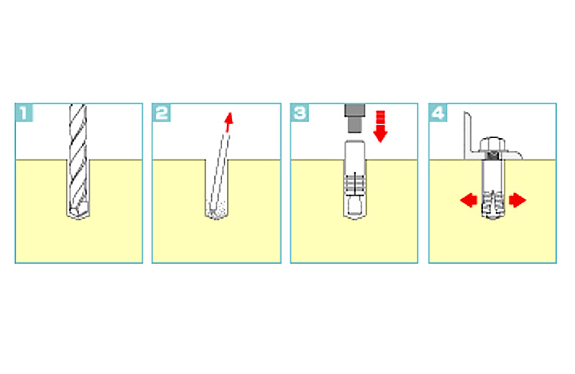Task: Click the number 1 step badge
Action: [x=24, y=113]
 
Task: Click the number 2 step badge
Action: [x=161, y=113]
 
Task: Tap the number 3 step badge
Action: [x=300, y=113]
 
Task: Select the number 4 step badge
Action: [x=438, y=113]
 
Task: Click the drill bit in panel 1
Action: [x=78, y=162]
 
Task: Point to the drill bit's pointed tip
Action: [x=78, y=219]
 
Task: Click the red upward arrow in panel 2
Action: [x=229, y=122]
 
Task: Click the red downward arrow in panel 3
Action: [x=380, y=127]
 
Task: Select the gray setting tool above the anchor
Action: [x=354, y=118]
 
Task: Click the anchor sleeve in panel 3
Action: [x=354, y=180]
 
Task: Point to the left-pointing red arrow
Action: [x=469, y=201]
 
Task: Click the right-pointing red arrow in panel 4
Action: [x=517, y=201]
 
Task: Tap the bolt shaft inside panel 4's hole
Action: [x=493, y=175]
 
